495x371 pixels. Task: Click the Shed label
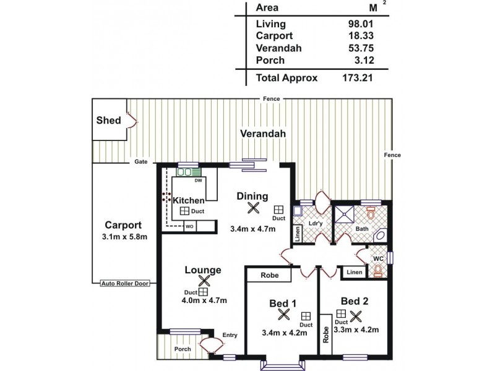pyautogui.click(x=108, y=121)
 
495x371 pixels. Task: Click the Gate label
pyautogui.click(x=141, y=162)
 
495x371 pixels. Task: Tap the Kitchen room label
pyautogui.click(x=188, y=200)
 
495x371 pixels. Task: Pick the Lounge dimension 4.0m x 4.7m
pyautogui.click(x=204, y=301)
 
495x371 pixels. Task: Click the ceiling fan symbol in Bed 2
pyautogui.click(x=355, y=316)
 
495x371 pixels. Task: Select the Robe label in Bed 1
pyautogui.click(x=269, y=275)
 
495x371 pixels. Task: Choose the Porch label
pyautogui.click(x=183, y=349)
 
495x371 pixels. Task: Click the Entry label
pyautogui.click(x=230, y=335)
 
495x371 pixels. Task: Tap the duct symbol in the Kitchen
pyautogui.click(x=184, y=211)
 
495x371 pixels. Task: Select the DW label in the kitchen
pyautogui.click(x=198, y=181)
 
